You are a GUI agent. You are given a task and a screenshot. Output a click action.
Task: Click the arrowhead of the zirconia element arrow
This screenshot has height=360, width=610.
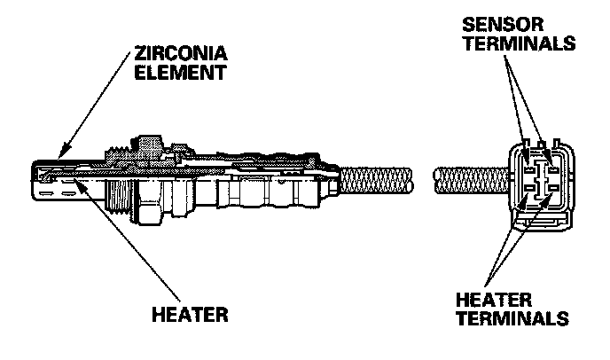pos(54,159)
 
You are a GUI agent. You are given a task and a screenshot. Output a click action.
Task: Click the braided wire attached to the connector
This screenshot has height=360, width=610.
pos(470,183)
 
